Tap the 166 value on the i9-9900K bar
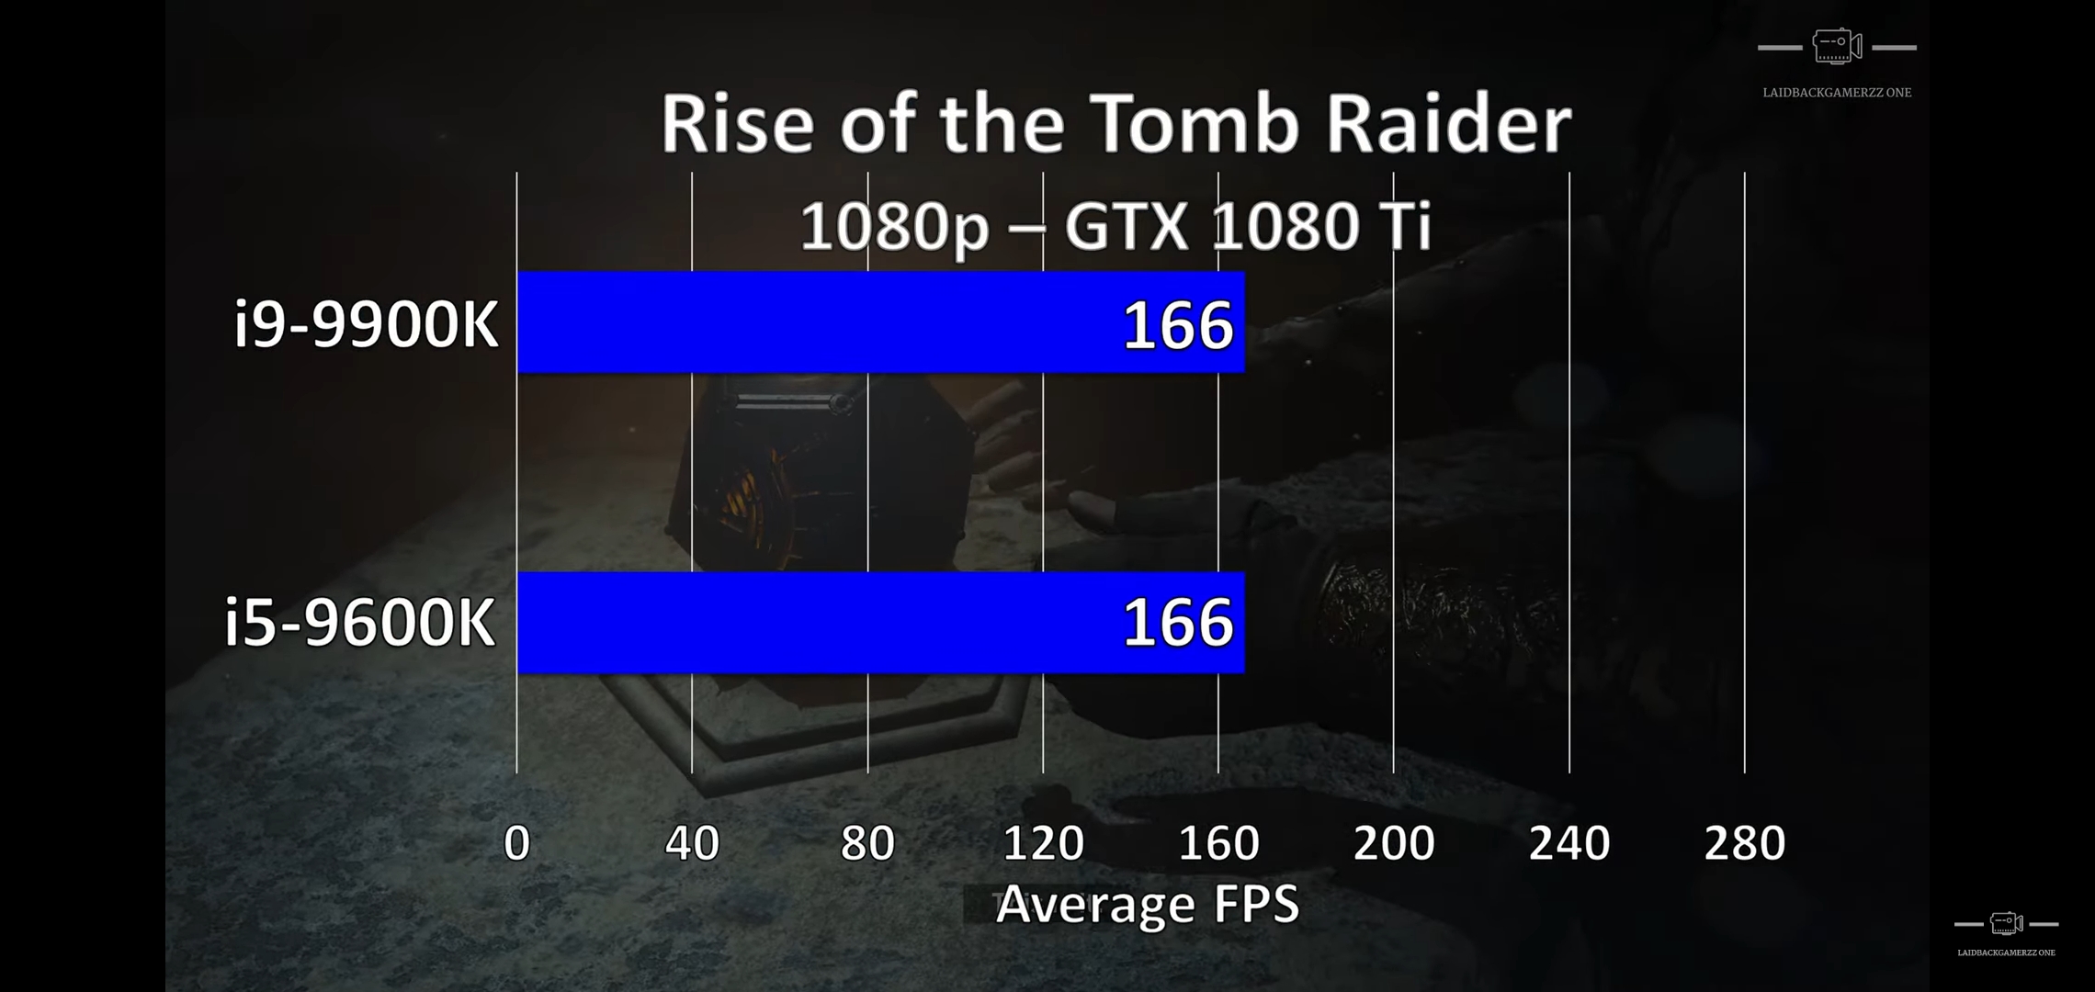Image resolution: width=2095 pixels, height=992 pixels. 1177,325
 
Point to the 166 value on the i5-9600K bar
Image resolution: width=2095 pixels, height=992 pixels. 1177,623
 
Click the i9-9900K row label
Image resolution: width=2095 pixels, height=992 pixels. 366,324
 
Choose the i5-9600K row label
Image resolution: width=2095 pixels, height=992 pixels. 360,623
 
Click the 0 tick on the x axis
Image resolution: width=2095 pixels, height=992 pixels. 517,843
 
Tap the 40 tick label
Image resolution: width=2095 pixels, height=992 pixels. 692,843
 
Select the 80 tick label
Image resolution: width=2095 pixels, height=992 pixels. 867,843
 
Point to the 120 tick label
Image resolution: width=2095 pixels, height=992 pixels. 1043,843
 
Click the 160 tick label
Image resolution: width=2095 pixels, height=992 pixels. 1218,843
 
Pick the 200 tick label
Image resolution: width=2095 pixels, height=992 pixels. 1394,843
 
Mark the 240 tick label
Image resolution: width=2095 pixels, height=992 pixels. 1569,843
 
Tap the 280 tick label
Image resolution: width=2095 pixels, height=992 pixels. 1744,843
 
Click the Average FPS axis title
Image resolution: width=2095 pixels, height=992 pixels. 1148,905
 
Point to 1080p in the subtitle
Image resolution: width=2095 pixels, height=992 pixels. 893,226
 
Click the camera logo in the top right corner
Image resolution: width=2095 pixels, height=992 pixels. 1837,46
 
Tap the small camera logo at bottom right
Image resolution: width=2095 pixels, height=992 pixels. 2006,923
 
